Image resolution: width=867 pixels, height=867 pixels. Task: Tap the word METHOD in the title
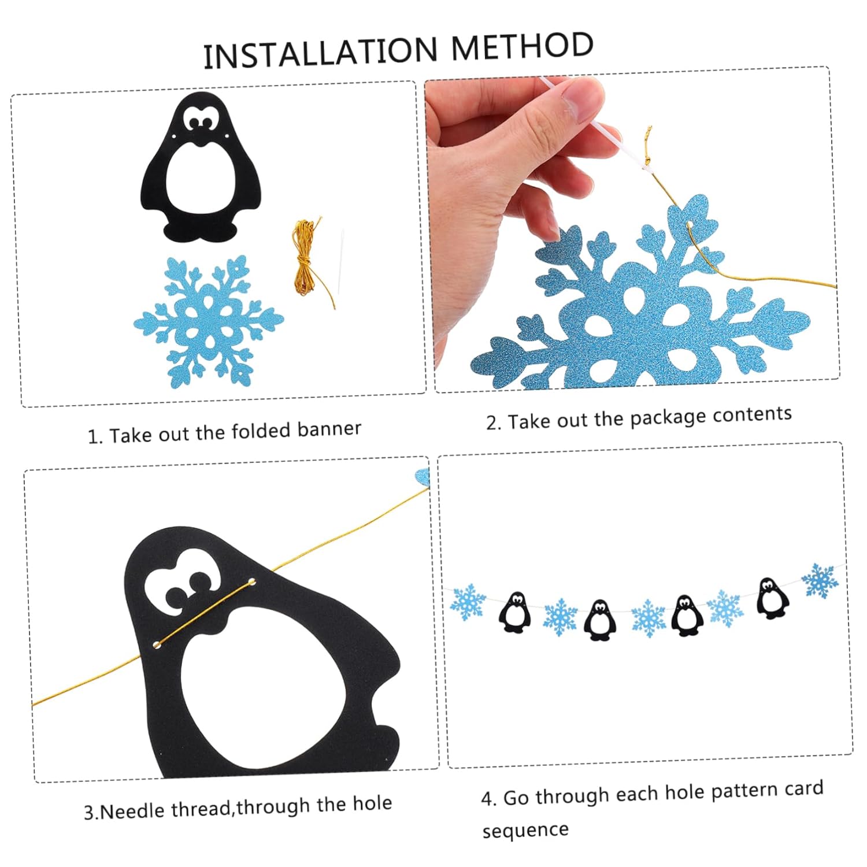coord(522,46)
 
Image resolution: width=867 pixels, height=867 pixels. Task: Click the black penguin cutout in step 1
coord(200,167)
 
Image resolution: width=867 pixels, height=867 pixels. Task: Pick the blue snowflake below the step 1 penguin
coord(209,321)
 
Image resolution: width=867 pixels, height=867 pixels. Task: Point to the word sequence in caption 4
coord(525,831)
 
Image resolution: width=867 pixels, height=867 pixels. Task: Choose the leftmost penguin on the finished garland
coord(514,612)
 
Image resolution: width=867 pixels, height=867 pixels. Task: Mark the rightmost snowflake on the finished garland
coord(820,581)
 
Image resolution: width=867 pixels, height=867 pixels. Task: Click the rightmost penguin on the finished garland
coord(773,598)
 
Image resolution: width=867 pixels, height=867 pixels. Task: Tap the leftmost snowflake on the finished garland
coord(468,602)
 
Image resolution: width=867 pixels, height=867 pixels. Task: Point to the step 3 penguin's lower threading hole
coord(156,644)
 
